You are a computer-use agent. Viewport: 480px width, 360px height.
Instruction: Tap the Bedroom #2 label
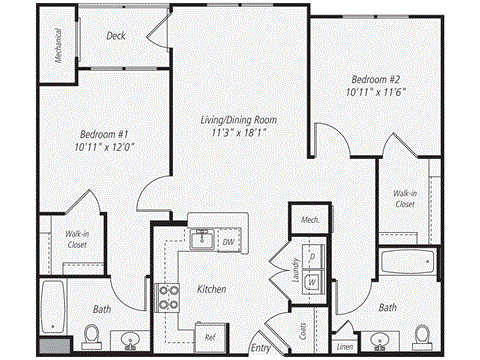(x=377, y=77)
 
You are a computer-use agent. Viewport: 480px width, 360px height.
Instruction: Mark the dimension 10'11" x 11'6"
(x=377, y=91)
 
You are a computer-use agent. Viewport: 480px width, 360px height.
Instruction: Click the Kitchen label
(x=210, y=289)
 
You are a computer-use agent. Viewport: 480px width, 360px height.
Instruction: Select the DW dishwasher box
(x=228, y=241)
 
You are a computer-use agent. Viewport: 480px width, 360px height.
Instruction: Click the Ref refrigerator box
(x=209, y=337)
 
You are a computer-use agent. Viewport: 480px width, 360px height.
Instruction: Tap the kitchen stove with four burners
(x=166, y=297)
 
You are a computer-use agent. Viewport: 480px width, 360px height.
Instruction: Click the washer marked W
(x=313, y=281)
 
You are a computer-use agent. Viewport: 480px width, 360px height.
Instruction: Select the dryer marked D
(x=313, y=256)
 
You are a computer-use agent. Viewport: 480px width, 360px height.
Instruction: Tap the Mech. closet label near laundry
(x=307, y=220)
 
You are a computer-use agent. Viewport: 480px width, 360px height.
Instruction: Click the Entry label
(x=261, y=348)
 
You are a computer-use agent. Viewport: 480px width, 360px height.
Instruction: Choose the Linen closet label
(x=345, y=347)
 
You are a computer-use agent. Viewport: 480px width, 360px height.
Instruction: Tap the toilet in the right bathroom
(x=421, y=335)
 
